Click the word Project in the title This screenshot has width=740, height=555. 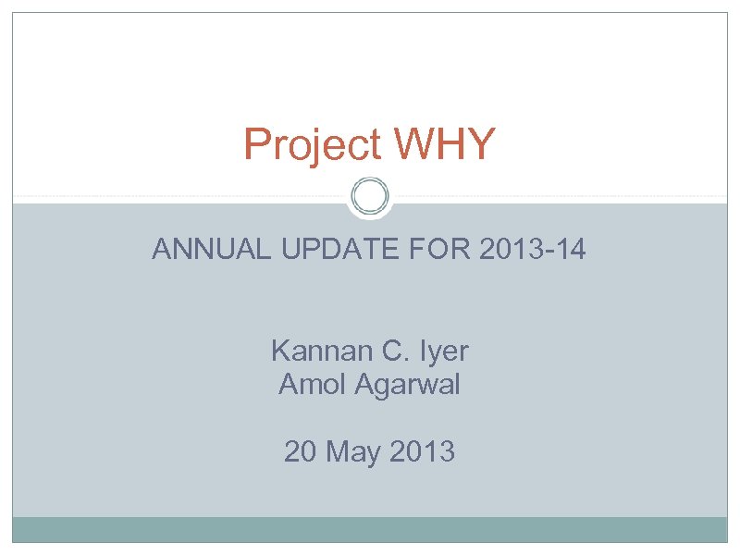point(312,145)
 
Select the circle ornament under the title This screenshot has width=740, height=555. point(370,197)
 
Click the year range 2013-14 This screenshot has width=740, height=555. point(533,250)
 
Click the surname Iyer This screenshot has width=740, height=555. point(440,351)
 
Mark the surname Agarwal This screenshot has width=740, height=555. point(408,385)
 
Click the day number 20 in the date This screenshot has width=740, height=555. point(301,452)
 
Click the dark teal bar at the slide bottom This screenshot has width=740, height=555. point(370,529)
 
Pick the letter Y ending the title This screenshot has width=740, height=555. point(481,144)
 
